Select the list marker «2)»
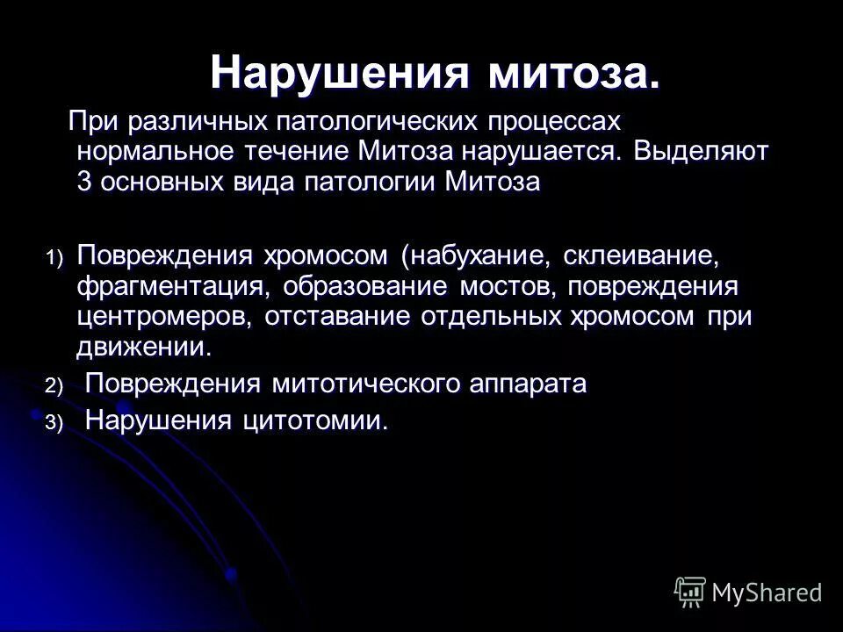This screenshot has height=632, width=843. pyautogui.click(x=55, y=385)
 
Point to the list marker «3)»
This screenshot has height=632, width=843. pyautogui.click(x=55, y=423)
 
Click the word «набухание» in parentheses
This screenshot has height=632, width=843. pyautogui.click(x=478, y=255)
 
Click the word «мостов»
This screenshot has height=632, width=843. pyautogui.click(x=504, y=286)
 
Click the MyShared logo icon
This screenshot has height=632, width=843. pyautogui.click(x=691, y=590)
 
